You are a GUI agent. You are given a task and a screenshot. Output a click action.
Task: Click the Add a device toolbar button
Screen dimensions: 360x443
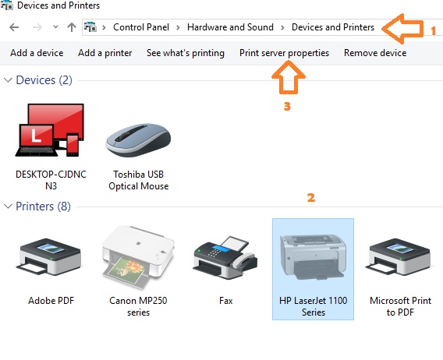37,53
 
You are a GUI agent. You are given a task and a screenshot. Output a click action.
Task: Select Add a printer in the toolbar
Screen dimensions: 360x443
105,53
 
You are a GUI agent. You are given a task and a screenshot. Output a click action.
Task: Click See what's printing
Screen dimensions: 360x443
185,53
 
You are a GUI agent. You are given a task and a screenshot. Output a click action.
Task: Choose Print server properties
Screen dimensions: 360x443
284,53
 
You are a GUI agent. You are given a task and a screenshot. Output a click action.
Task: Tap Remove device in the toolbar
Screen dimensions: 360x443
375,53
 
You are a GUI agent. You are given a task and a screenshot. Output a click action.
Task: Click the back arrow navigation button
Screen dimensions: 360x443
13,27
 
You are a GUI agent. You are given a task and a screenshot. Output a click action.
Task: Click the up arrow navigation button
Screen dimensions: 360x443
72,27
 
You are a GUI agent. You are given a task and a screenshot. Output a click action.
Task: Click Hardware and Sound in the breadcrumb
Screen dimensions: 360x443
230,27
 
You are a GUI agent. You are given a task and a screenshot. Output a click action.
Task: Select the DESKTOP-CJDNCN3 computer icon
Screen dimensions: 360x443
51,132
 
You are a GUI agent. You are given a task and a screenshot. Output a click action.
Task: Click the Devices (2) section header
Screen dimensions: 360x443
44,80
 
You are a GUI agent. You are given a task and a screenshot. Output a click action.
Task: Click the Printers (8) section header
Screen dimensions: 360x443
44,206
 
